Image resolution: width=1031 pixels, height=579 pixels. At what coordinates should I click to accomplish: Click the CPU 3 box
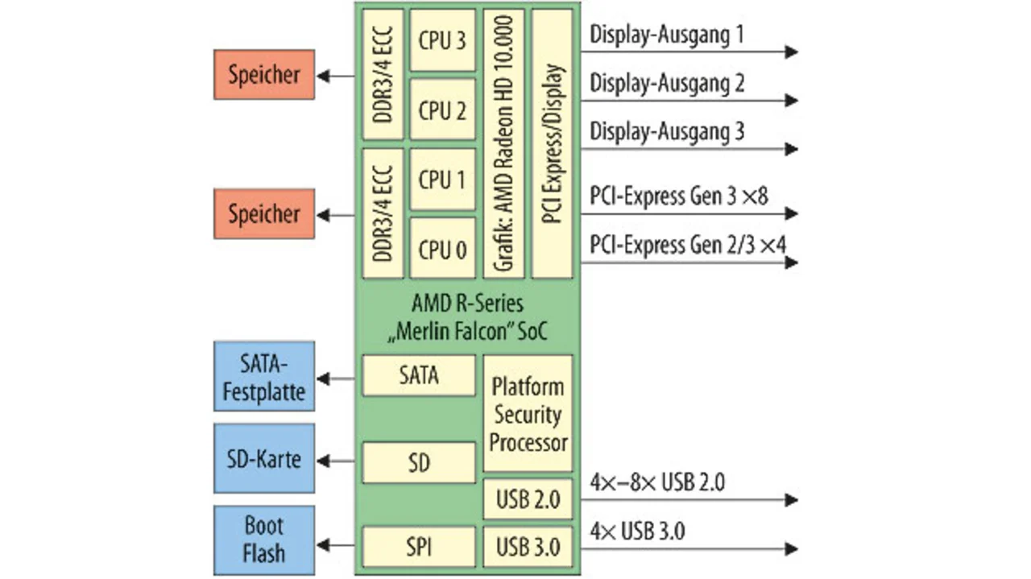click(442, 40)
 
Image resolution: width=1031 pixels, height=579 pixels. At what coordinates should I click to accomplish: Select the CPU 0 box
click(442, 248)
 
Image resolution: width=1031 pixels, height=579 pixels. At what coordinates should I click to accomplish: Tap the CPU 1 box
click(442, 179)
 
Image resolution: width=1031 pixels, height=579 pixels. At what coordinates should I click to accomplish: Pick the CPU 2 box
click(442, 110)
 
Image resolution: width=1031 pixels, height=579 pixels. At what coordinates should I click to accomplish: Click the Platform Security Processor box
click(528, 413)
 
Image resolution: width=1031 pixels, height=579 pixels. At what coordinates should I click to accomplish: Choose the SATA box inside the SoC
click(419, 375)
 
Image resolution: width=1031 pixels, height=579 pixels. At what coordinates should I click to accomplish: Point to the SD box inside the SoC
click(419, 463)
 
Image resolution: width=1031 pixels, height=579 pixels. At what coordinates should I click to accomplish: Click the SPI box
click(419, 548)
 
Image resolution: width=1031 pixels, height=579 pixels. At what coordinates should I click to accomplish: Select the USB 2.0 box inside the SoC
click(528, 499)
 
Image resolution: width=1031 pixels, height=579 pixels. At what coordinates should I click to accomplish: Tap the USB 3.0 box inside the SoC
click(528, 548)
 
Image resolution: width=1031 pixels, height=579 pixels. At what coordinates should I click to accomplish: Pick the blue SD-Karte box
click(264, 459)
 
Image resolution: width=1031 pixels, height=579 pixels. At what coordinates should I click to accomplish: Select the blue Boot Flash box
click(264, 540)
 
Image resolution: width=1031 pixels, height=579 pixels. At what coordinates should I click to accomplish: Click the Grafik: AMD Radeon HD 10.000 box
click(504, 143)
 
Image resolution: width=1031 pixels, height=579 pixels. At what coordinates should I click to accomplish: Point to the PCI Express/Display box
click(553, 143)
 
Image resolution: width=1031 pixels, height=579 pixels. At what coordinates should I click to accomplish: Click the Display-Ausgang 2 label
click(667, 84)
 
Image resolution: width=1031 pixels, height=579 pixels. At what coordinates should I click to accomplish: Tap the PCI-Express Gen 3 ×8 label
click(679, 196)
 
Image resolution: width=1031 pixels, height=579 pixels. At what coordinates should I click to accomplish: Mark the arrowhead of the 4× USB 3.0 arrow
click(792, 548)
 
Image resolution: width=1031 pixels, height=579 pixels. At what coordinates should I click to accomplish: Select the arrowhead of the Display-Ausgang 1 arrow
click(792, 52)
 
